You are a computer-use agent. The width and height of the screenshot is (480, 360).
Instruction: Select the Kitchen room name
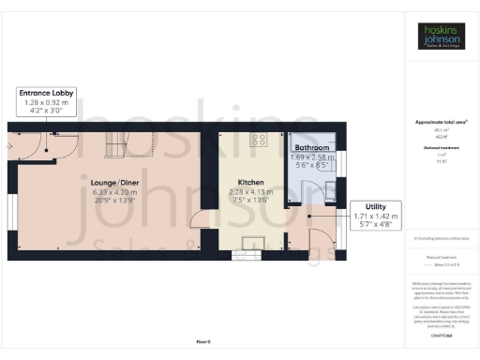tap(250, 182)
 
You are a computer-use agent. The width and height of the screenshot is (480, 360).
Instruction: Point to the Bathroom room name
tap(312, 148)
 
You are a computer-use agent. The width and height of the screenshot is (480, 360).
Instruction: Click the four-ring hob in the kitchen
tap(260, 141)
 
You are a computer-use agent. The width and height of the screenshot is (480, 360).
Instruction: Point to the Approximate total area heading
tap(441, 122)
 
